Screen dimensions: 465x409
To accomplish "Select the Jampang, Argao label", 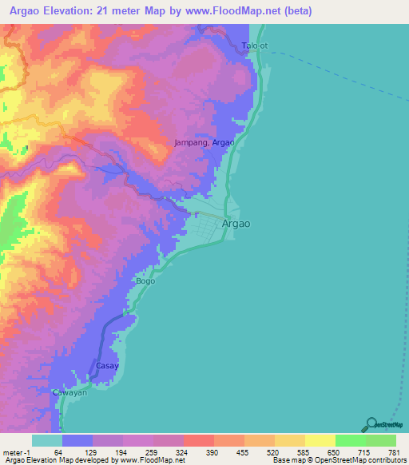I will point(204,142).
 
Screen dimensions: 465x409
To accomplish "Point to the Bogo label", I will point(145,281).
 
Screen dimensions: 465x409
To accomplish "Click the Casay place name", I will point(107,366).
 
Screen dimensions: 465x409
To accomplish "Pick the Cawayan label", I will point(69,393).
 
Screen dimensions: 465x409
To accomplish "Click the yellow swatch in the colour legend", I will point(320,440).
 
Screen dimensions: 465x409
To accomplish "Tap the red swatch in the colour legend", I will point(198,440).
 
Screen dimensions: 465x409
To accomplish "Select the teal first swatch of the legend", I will point(46,440).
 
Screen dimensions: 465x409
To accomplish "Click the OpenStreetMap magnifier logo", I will point(370,424).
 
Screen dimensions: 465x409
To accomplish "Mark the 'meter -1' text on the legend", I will point(18,453).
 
